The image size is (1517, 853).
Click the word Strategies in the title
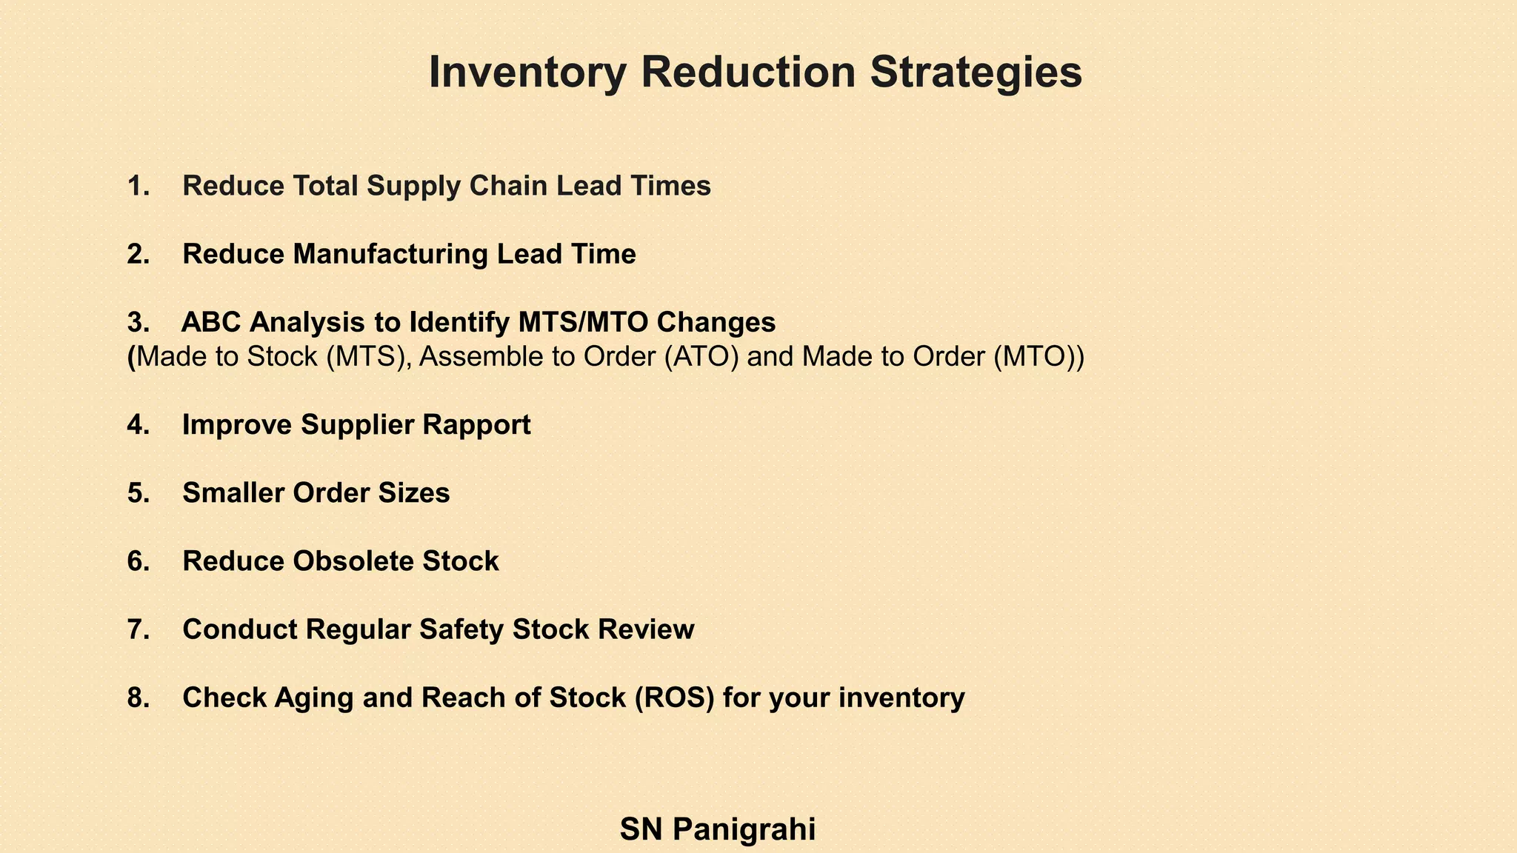tap(976, 73)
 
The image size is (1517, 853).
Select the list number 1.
tap(138, 186)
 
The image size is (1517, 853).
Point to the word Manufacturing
tap(390, 254)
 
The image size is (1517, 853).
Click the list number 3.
tap(138, 322)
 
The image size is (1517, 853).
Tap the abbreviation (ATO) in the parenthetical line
tap(701, 357)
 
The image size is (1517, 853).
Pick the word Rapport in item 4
tap(476, 425)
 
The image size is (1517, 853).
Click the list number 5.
tap(138, 493)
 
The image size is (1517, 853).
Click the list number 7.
tap(138, 629)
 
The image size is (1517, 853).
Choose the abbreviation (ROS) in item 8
tap(674, 698)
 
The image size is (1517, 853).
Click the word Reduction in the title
tap(747, 73)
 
